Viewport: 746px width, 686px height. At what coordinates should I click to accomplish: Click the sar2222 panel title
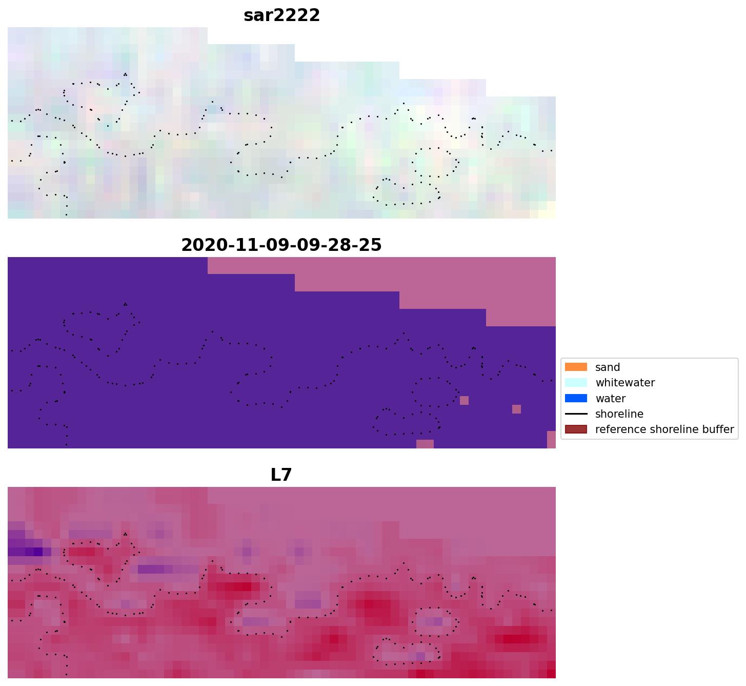click(x=281, y=15)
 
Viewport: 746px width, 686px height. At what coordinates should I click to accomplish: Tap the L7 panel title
click(x=281, y=475)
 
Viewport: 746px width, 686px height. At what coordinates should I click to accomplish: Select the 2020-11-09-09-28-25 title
click(x=281, y=245)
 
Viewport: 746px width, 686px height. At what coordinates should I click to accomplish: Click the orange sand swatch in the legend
click(x=576, y=367)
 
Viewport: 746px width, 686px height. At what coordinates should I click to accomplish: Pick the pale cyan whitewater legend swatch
click(x=576, y=383)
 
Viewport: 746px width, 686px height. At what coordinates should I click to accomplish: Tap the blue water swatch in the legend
click(x=576, y=398)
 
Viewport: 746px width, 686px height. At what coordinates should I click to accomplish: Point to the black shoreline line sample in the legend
click(x=576, y=414)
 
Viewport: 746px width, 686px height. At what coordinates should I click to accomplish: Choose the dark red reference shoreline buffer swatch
click(x=576, y=429)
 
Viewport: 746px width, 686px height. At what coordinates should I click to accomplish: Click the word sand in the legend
click(x=608, y=367)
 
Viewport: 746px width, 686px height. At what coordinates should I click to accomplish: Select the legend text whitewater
click(x=625, y=383)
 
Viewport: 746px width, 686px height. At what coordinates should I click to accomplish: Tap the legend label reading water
click(x=610, y=399)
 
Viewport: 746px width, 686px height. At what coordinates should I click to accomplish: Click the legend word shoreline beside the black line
click(x=619, y=414)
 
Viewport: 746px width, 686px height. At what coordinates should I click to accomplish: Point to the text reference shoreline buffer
click(x=664, y=429)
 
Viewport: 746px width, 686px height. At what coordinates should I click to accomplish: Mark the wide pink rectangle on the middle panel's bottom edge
click(x=425, y=444)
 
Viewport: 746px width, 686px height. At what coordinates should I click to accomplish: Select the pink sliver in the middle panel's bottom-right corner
click(x=551, y=440)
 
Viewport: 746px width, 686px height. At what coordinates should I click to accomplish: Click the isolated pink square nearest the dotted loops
click(x=464, y=400)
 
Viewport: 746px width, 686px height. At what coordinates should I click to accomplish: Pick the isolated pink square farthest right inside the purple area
click(x=516, y=409)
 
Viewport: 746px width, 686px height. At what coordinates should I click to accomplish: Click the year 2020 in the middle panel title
click(x=200, y=245)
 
